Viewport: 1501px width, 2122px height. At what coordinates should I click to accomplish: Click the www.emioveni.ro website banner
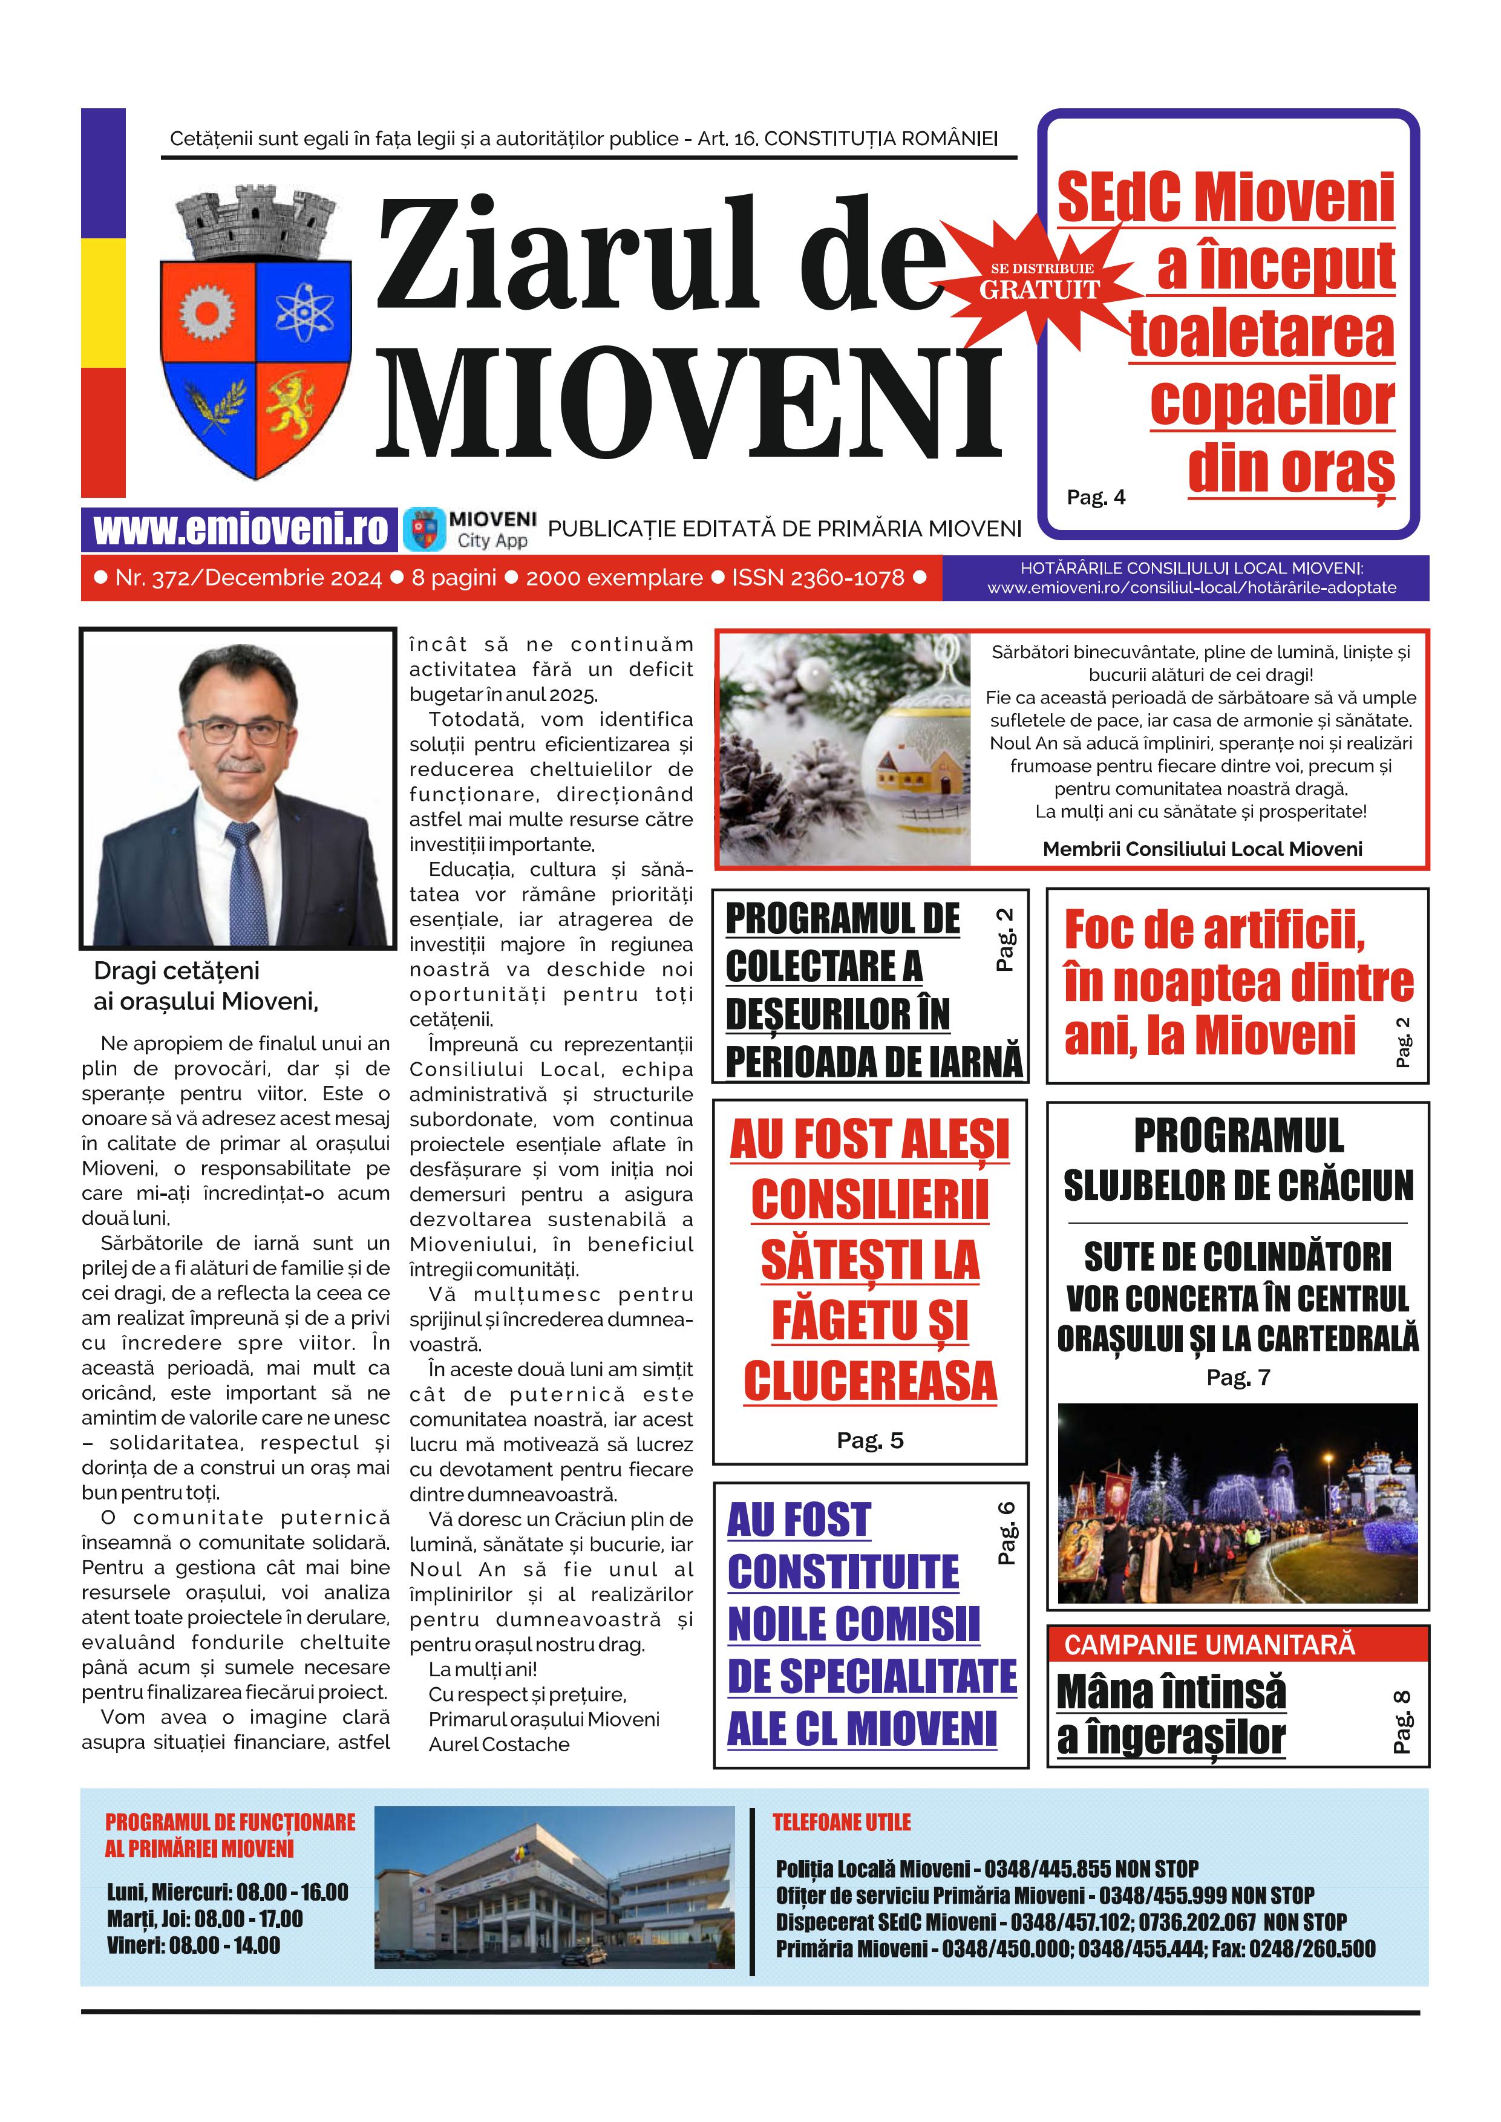tap(240, 529)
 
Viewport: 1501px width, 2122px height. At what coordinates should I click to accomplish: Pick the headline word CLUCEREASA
tap(870, 1382)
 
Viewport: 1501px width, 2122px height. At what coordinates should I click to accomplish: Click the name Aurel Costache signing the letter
tap(499, 1744)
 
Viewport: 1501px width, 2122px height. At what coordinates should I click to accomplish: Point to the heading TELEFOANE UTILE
tap(841, 1821)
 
